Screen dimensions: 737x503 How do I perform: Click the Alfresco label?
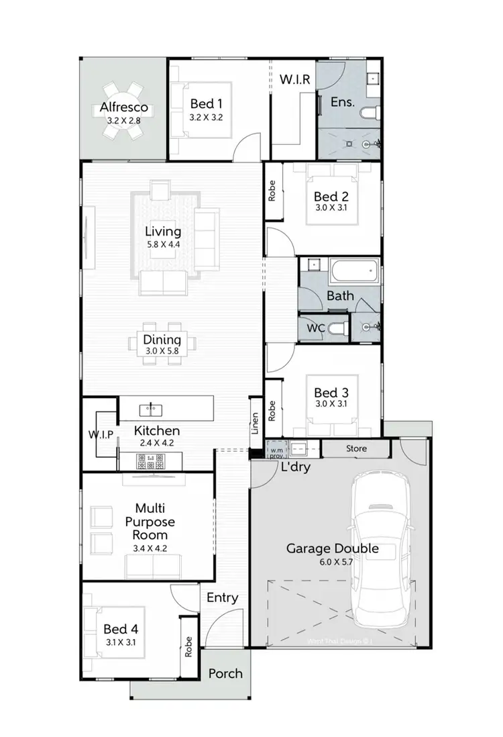123,108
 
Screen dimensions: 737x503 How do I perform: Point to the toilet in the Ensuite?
370,113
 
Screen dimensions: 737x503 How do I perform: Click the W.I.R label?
294,80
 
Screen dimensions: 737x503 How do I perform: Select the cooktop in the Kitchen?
151,462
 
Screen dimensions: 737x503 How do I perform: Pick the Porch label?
225,673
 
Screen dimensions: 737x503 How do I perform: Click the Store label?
356,448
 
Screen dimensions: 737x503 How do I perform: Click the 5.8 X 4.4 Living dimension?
164,244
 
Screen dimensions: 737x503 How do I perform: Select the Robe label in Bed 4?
189,646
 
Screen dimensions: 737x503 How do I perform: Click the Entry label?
222,597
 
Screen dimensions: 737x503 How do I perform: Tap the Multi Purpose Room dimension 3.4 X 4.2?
150,548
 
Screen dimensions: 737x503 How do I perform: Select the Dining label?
163,340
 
